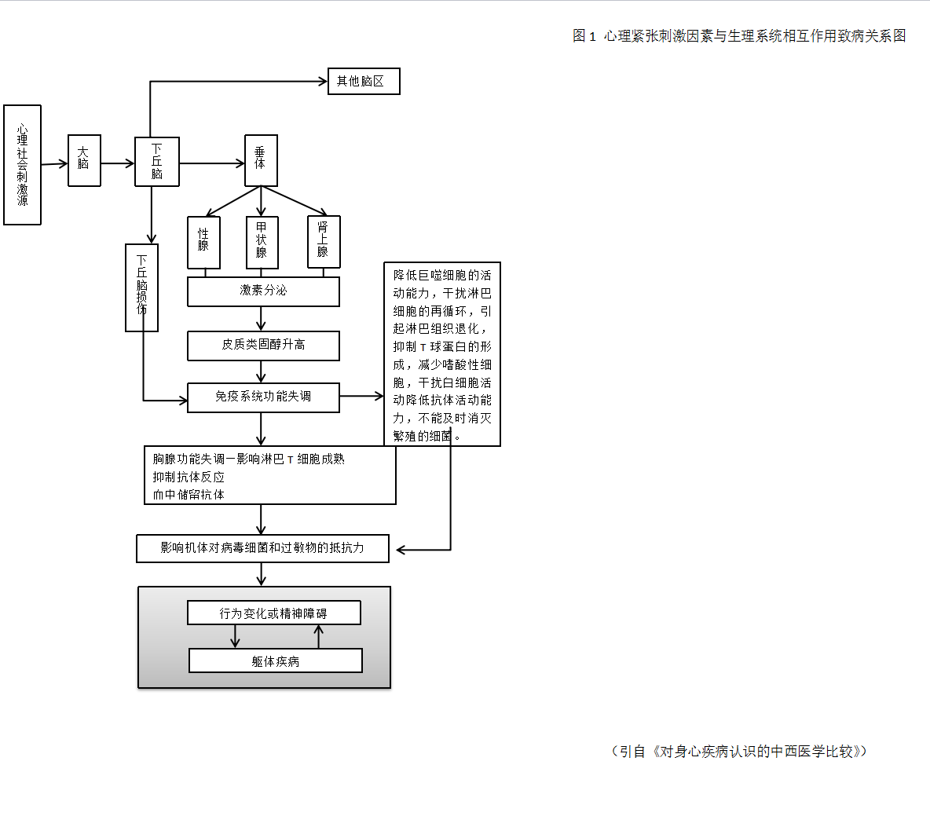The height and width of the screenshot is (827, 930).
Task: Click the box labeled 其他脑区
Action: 364,82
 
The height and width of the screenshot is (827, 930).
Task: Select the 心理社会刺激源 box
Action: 22,165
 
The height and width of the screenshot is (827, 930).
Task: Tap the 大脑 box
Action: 84,160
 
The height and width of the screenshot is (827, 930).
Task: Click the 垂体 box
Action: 261,160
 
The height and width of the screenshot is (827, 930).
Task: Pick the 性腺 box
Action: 203,243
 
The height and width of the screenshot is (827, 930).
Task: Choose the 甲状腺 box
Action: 262,243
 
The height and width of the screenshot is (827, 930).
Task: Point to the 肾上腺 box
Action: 324,242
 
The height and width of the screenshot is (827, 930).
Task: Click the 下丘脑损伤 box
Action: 142,287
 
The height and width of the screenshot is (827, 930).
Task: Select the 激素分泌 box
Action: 263,291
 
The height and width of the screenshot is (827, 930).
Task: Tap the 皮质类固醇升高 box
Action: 263,346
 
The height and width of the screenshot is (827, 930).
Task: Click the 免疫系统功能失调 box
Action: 263,397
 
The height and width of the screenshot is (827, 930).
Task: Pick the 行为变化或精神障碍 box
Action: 273,613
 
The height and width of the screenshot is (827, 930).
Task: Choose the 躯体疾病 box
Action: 275,661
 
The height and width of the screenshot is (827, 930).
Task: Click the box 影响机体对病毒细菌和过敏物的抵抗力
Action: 262,548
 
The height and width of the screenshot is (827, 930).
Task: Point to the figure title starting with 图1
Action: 739,36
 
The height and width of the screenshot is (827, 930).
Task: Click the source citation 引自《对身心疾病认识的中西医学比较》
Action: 739,752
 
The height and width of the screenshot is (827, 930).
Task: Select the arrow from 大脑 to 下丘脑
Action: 118,163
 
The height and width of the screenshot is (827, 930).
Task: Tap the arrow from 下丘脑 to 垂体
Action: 212,163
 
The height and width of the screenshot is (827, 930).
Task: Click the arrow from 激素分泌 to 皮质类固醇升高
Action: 262,319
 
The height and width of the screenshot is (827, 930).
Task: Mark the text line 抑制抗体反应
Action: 189,477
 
